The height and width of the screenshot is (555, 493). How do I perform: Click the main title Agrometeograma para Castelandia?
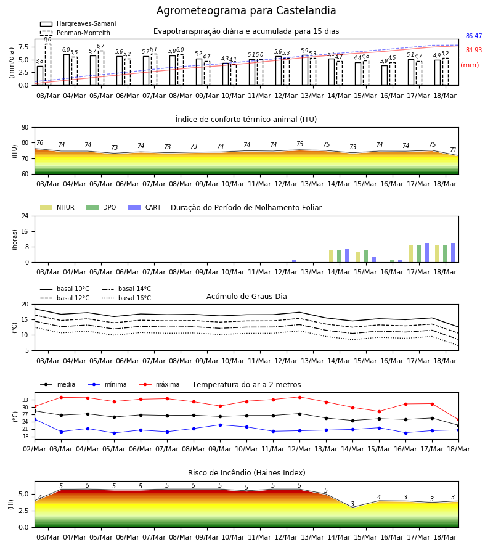246,10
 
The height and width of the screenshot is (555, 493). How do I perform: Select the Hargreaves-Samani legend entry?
78,23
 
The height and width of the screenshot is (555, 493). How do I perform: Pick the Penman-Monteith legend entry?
75,33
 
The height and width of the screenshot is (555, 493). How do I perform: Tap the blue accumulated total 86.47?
474,36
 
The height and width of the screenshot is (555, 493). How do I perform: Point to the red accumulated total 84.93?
474,50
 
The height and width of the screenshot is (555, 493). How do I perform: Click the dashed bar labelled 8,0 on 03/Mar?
47,65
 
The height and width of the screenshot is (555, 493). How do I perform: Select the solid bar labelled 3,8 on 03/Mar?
40,76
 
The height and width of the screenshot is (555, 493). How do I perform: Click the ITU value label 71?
453,150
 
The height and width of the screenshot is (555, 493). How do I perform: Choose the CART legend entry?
145,207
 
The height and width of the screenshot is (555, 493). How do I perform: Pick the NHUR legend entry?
57,207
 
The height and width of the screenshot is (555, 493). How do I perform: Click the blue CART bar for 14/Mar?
348,255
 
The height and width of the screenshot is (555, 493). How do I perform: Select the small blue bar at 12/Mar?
294,261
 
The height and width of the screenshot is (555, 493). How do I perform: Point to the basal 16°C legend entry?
126,298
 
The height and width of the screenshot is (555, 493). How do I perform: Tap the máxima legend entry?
159,384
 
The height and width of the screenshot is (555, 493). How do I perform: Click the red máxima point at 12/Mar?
300,397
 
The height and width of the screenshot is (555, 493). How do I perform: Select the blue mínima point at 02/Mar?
35,419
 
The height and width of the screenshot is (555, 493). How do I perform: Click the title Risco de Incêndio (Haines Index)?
246,473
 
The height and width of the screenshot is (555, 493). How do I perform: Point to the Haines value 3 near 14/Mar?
352,504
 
